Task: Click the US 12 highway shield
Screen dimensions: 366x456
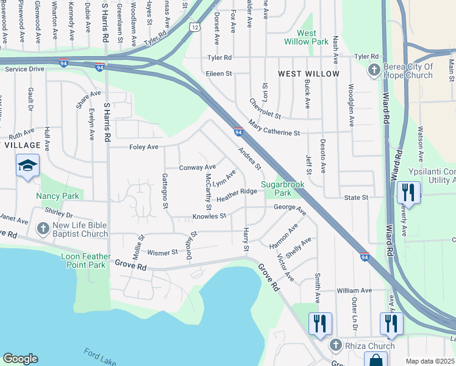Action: pyautogui.click(x=194, y=27)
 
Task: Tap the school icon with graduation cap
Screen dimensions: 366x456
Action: pyautogui.click(x=27, y=166)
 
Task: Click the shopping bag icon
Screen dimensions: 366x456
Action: pyautogui.click(x=376, y=360)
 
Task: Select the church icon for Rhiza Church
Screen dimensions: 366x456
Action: pyautogui.click(x=335, y=346)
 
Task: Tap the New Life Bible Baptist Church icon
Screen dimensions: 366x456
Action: pyautogui.click(x=43, y=229)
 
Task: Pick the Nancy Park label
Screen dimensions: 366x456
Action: pyautogui.click(x=57, y=196)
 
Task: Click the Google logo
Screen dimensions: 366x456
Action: pyautogui.click(x=20, y=359)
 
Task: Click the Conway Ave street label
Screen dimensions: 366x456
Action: pyautogui.click(x=197, y=167)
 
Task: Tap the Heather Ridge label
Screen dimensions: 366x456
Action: pyautogui.click(x=237, y=195)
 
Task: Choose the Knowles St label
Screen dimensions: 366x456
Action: pyautogui.click(x=209, y=216)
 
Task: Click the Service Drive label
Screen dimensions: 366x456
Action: pyautogui.click(x=24, y=69)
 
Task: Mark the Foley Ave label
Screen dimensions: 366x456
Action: pyautogui.click(x=143, y=147)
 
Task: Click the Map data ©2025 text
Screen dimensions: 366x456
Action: pyautogui.click(x=430, y=361)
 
